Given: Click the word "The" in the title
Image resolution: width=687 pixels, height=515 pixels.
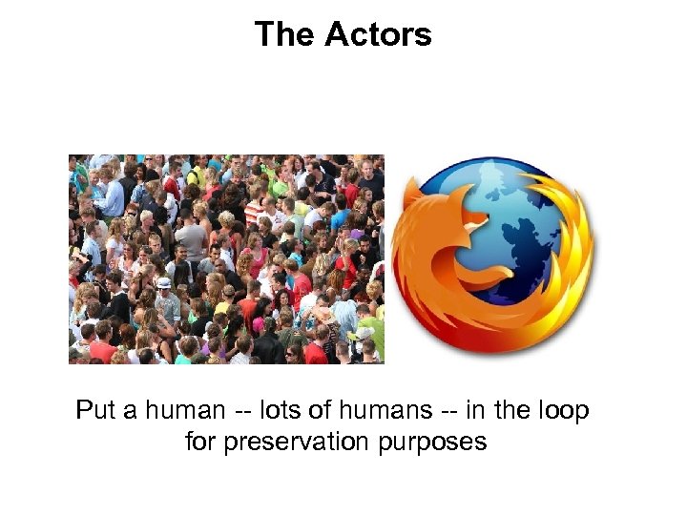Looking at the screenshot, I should click(284, 35).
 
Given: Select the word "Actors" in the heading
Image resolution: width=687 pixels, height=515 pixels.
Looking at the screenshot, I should click(378, 35).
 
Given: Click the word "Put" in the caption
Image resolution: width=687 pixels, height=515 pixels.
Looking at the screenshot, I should click(95, 411).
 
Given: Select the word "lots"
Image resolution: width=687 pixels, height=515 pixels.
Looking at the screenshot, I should click(278, 411).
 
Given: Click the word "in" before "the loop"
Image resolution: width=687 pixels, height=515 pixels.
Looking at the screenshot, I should click(472, 411).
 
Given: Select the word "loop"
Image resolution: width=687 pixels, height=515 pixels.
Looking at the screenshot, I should click(563, 411).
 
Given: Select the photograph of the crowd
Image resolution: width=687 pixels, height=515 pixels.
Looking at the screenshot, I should click(226, 259).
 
